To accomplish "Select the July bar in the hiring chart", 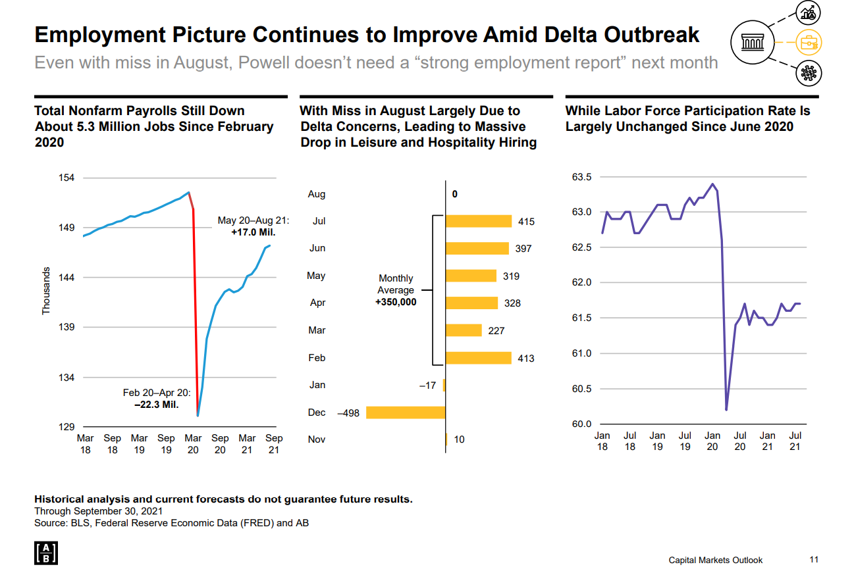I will pyautogui.click(x=478, y=221).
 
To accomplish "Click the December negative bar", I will pyautogui.click(x=406, y=412).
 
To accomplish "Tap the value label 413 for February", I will pyautogui.click(x=525, y=359).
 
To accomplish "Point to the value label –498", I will pyautogui.click(x=348, y=413).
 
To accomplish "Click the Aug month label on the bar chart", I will pyautogui.click(x=316, y=194).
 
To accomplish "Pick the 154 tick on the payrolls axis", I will pyautogui.click(x=67, y=178).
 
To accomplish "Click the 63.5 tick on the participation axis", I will pyautogui.click(x=581, y=177).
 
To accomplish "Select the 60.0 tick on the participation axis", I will pyautogui.click(x=581, y=424).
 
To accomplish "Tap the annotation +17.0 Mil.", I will pyautogui.click(x=254, y=232).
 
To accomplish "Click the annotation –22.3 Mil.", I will pyautogui.click(x=157, y=405).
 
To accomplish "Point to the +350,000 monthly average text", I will pyautogui.click(x=395, y=302).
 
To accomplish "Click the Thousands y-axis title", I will pyautogui.click(x=46, y=290).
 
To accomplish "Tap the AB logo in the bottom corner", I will pyautogui.click(x=45, y=554).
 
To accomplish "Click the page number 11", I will pyautogui.click(x=814, y=560).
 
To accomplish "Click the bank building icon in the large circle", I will pyautogui.click(x=755, y=43).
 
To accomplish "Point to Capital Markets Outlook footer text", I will pyautogui.click(x=715, y=560).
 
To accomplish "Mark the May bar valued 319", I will pyautogui.click(x=471, y=276).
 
